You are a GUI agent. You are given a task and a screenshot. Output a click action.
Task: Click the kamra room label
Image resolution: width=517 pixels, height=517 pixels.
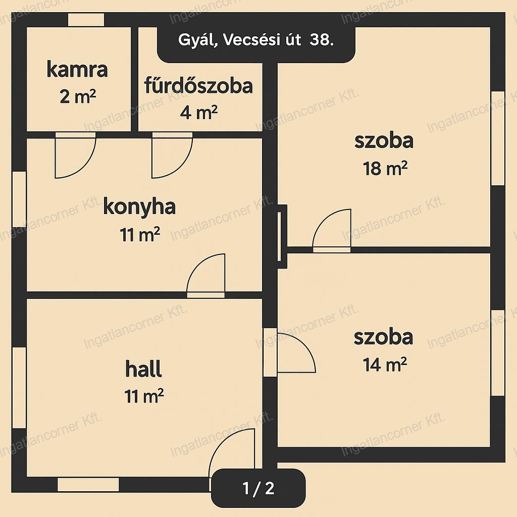point(77,70)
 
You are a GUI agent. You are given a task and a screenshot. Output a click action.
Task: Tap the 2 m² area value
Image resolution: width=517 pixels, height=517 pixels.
point(78,97)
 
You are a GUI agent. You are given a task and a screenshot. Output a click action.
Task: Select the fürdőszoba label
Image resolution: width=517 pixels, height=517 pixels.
point(198,85)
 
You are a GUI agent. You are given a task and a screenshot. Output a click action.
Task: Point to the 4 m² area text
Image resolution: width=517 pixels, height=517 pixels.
point(198,113)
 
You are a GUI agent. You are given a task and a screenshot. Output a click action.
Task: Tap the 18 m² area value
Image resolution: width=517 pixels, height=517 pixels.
point(385,168)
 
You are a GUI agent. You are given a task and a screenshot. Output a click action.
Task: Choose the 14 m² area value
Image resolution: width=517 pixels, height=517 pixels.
point(385,365)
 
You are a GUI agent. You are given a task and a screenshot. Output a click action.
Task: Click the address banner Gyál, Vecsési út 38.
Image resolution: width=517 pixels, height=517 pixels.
point(256,40)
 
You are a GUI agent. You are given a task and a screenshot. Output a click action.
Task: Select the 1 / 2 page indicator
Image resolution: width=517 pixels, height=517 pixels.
point(258,488)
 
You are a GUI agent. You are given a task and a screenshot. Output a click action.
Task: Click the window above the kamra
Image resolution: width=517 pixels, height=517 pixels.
point(86,20)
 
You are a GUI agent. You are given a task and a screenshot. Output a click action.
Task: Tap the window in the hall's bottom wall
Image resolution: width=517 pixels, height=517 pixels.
point(88,484)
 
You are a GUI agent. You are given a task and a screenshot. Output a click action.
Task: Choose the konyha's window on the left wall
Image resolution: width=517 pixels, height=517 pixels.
point(19,199)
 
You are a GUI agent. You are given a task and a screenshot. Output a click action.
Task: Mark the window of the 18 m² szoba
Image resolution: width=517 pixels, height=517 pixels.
point(498,138)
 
